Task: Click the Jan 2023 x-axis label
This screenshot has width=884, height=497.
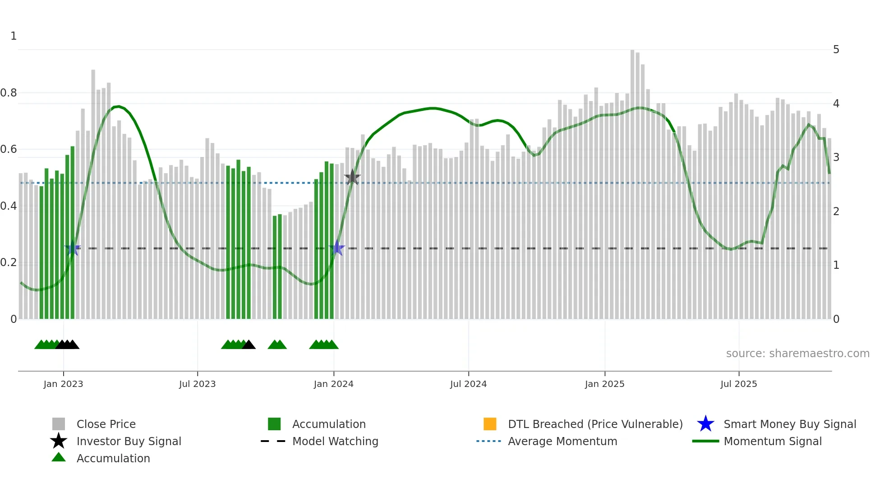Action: pyautogui.click(x=63, y=384)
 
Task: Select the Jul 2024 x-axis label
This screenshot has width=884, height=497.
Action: pyautogui.click(x=468, y=384)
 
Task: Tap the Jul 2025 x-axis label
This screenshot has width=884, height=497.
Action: pyautogui.click(x=738, y=384)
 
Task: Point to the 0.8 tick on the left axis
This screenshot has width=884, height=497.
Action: pyautogui.click(x=9, y=93)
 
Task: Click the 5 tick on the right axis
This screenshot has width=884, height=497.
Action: pyautogui.click(x=836, y=50)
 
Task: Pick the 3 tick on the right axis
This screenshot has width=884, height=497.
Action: pyautogui.click(x=836, y=157)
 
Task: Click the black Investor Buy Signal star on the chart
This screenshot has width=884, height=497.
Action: pyautogui.click(x=352, y=178)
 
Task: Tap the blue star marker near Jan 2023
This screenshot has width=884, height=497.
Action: pyautogui.click(x=72, y=248)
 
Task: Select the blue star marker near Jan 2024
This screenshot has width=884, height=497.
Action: pyautogui.click(x=337, y=248)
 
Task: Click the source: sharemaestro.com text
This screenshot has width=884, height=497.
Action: pyautogui.click(x=797, y=354)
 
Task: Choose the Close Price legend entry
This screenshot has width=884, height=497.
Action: pyautogui.click(x=106, y=424)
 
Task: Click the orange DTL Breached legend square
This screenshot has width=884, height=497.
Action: pyautogui.click(x=490, y=424)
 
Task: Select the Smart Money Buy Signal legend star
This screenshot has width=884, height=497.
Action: pyautogui.click(x=705, y=424)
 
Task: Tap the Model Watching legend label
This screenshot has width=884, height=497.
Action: pyautogui.click(x=335, y=441)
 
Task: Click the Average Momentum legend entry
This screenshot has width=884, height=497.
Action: pyautogui.click(x=562, y=441)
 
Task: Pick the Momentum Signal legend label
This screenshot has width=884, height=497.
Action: pyautogui.click(x=773, y=441)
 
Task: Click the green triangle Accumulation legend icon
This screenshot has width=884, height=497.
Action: pyautogui.click(x=59, y=457)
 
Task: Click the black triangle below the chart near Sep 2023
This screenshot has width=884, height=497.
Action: pyautogui.click(x=249, y=345)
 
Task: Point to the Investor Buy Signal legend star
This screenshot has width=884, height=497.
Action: pyautogui.click(x=59, y=441)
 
